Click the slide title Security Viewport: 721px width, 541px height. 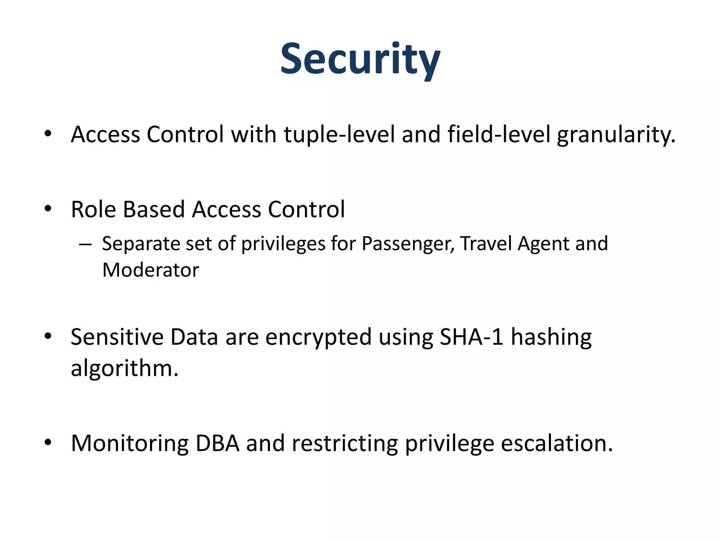tap(360, 59)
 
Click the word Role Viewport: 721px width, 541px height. tap(93, 210)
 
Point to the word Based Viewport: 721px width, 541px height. tap(154, 210)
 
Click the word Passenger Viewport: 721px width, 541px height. tap(408, 244)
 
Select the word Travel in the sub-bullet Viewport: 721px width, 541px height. tap(486, 243)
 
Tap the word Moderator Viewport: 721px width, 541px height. tap(151, 270)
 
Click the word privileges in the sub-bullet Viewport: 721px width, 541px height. tap(283, 244)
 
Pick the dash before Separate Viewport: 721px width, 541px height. tap(86, 244)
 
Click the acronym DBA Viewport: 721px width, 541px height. tap(217, 443)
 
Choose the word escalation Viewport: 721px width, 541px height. tap(557, 443)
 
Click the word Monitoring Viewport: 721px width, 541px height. tap(130, 444)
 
